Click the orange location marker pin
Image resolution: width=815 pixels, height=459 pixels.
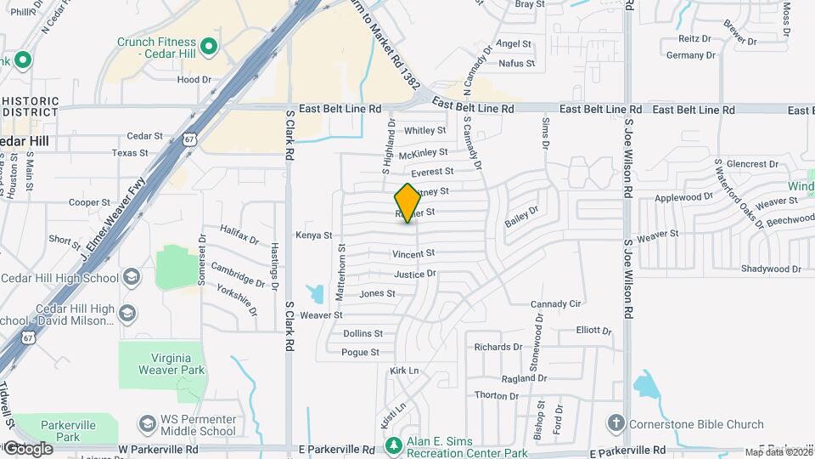407,203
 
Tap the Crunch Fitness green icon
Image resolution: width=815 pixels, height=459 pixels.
209,45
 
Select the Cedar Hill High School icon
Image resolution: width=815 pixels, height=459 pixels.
132,277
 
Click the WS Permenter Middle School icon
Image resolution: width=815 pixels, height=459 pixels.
147,422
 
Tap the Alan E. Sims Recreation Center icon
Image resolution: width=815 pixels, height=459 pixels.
393,445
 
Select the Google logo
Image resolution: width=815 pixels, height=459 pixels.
28,448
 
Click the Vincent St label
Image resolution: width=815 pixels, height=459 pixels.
413,253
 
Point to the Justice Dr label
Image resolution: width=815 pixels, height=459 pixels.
415,274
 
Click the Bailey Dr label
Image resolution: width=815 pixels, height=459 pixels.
522,217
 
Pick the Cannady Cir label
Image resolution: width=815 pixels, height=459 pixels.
555,303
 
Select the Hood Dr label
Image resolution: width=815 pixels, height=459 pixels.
194,79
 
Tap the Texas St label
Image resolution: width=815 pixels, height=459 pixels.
130,153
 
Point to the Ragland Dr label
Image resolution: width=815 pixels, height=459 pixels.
523,378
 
